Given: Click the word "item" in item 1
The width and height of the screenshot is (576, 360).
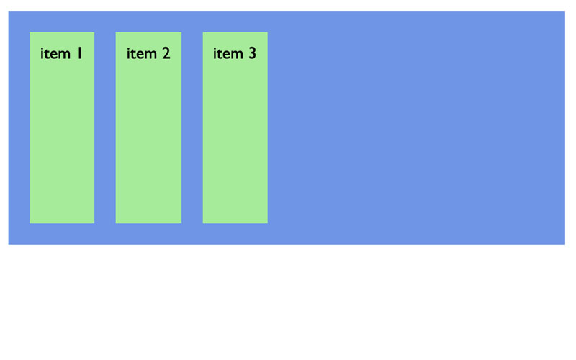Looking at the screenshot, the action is [x=55, y=53].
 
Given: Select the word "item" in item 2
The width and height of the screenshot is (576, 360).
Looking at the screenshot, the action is [x=141, y=53].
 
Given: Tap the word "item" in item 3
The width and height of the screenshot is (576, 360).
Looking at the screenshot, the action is [x=228, y=53].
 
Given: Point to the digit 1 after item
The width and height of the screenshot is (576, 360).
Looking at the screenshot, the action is [x=79, y=53].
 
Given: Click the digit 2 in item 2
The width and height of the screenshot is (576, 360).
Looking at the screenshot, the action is [x=166, y=53].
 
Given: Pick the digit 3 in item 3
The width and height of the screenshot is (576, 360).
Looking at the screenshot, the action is [x=253, y=53].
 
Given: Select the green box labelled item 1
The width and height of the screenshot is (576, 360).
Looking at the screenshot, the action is [x=62, y=127].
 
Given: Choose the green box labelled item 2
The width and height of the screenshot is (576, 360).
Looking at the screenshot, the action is [x=148, y=127].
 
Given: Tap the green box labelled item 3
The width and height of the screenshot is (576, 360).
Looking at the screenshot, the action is [x=235, y=127].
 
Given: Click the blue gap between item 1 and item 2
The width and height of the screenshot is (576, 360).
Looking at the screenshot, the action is [x=105, y=127].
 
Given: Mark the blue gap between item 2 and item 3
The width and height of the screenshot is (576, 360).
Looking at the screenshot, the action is [x=192, y=127].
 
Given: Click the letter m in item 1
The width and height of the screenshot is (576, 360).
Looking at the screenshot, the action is [x=63, y=55].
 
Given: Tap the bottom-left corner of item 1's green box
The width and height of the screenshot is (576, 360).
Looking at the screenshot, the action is [x=30, y=223].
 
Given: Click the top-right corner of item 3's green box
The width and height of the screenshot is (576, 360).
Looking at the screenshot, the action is [x=268, y=32].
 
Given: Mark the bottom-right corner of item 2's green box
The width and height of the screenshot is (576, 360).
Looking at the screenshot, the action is [x=181, y=223].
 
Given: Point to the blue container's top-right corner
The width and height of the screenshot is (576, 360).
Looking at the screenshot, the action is [x=565, y=11].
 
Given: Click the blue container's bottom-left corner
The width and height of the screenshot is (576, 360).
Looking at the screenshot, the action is [x=9, y=244].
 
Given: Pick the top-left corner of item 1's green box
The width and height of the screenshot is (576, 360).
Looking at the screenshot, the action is [x=30, y=32].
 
